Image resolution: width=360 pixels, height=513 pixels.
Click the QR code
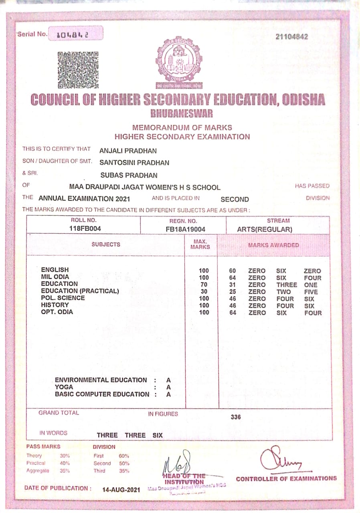click(x=78, y=70)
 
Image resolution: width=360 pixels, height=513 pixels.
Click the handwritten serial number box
click(x=75, y=34)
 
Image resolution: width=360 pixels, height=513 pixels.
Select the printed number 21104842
click(x=292, y=37)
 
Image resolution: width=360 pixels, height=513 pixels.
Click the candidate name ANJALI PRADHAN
click(x=128, y=151)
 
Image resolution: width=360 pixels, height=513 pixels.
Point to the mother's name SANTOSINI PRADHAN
click(x=134, y=163)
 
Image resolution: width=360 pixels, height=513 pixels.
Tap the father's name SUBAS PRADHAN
click(x=128, y=175)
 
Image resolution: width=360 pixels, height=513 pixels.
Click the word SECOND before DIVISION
click(x=235, y=199)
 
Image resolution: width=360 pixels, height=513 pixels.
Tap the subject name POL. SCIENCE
click(x=63, y=298)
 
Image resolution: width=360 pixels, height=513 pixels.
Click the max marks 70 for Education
click(x=204, y=285)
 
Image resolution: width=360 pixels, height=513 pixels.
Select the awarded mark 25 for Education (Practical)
click(x=233, y=292)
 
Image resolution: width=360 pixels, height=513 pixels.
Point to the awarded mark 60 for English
click(x=233, y=271)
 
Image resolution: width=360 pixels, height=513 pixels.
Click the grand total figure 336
click(x=236, y=417)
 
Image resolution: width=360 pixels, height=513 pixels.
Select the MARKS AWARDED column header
click(x=273, y=245)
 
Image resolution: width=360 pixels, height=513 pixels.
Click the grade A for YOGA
click(x=168, y=387)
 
